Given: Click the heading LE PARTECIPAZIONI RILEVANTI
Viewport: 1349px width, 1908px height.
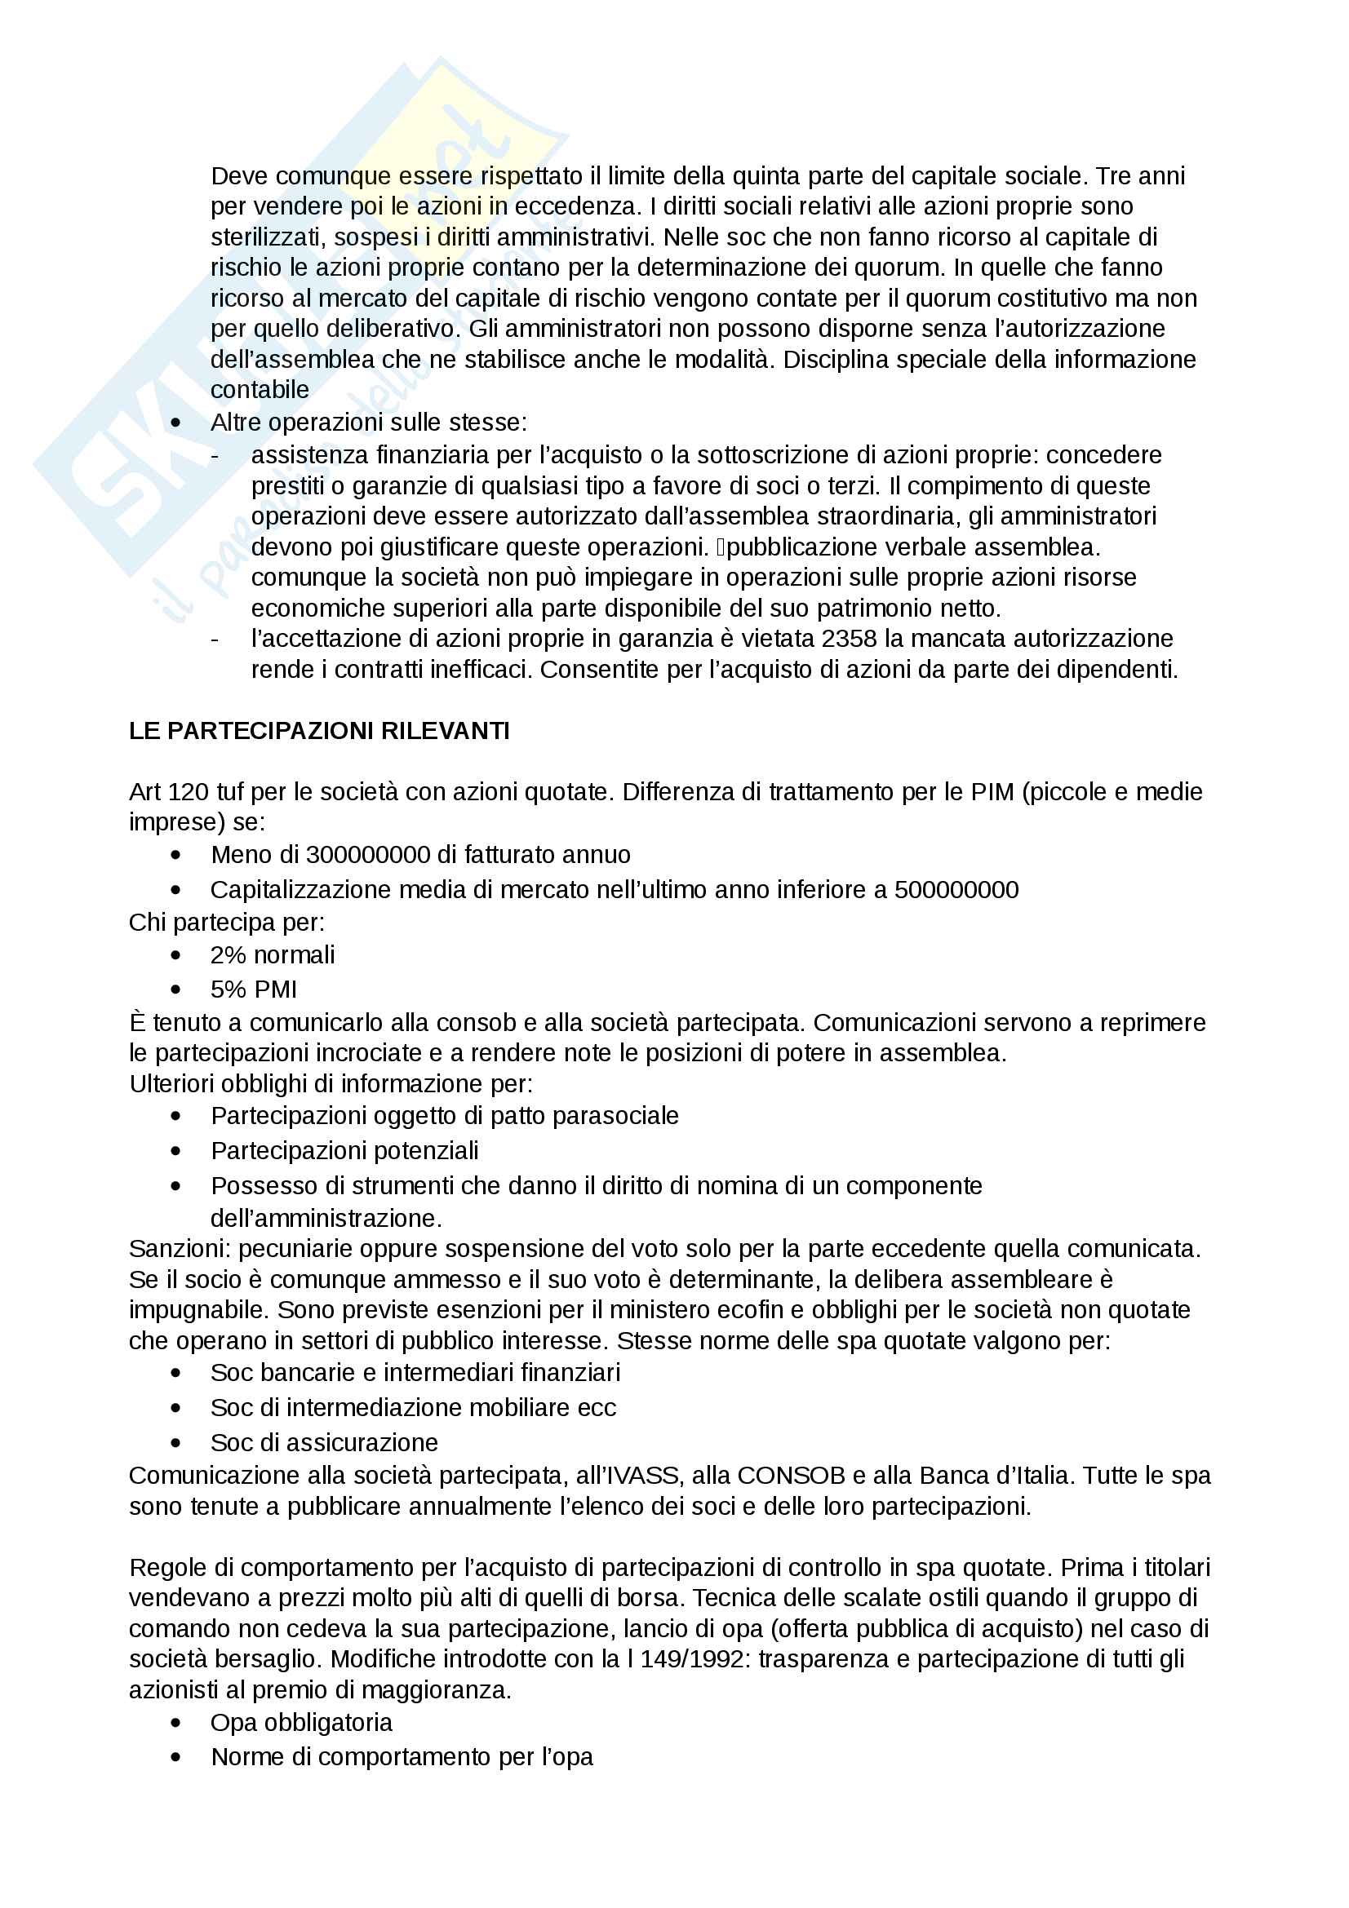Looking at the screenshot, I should coord(319,731).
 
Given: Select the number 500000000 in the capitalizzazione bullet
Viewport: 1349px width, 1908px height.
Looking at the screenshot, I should coord(956,889).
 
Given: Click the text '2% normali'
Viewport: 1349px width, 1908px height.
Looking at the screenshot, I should coord(273,955).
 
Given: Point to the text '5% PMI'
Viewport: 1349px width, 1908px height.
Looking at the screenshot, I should coord(254,989).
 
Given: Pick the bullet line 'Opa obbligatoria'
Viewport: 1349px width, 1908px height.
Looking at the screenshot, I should coord(301,1723).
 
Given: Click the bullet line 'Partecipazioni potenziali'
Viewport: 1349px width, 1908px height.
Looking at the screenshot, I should coord(345,1150).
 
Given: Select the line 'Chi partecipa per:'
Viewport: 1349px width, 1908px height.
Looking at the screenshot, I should coord(227,923).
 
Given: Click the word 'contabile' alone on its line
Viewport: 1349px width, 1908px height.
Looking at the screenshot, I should coord(260,390).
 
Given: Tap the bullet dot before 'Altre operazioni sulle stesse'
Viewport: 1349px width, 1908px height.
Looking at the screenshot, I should coord(175,423).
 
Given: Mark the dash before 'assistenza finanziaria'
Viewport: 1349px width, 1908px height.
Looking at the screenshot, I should coord(216,455).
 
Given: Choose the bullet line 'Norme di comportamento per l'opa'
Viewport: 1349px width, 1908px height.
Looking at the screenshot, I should coord(402,1757).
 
